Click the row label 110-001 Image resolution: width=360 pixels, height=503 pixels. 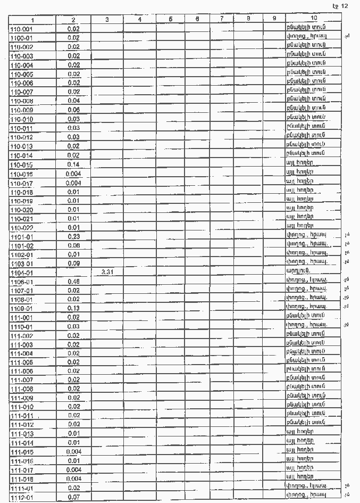coord(21,29)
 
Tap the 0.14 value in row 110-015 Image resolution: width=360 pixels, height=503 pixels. coord(73,164)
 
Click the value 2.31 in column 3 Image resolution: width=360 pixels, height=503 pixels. coord(107,272)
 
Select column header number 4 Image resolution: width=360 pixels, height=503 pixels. coord(139,20)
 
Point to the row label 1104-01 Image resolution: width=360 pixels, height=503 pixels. coord(21,272)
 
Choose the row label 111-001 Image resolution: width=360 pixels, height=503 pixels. coord(21,317)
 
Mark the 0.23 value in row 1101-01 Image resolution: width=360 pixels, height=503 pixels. coord(73,236)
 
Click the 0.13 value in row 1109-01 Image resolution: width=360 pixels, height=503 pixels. coord(73,308)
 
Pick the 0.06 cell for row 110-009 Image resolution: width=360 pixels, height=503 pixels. coord(73,110)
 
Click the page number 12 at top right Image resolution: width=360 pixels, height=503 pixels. coord(344,6)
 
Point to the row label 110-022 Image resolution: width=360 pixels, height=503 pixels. coord(21,227)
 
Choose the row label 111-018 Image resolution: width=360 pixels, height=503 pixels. coord(21,479)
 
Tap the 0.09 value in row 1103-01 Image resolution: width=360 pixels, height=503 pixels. coord(73,263)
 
